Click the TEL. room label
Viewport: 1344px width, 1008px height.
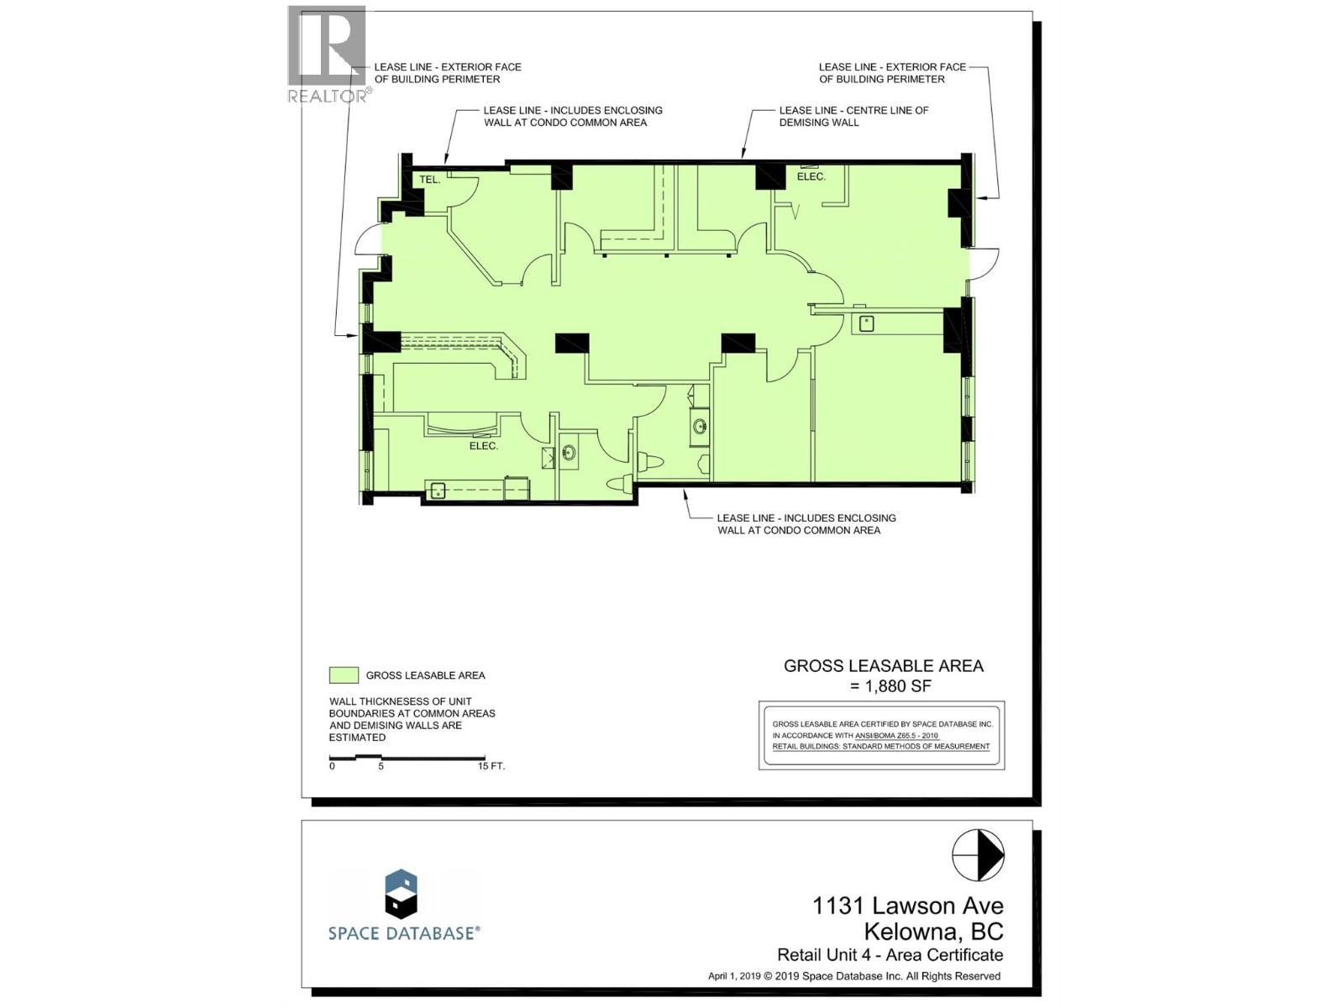click(x=430, y=180)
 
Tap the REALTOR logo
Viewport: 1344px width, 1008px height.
click(x=328, y=55)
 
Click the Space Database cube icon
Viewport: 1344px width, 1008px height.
click(x=401, y=893)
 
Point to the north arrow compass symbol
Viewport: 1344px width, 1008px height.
click(x=978, y=853)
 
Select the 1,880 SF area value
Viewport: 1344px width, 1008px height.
click(x=891, y=686)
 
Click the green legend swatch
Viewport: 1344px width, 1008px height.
click(x=344, y=675)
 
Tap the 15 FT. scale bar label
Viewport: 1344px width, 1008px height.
click(x=491, y=766)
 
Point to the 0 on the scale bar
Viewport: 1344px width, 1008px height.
click(x=332, y=766)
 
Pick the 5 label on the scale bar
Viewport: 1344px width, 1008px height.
click(x=381, y=766)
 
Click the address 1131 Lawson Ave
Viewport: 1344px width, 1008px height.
click(x=907, y=906)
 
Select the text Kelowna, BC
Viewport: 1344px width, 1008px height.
click(x=933, y=932)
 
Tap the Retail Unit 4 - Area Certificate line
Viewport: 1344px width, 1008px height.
click(x=890, y=955)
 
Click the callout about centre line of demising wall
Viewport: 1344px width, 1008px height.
click(x=853, y=116)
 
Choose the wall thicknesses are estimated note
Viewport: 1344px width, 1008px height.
click(x=412, y=719)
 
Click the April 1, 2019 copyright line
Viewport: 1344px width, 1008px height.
click(x=854, y=976)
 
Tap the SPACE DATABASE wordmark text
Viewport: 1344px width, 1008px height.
click(x=404, y=932)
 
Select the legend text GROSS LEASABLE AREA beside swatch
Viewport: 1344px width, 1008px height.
click(x=425, y=675)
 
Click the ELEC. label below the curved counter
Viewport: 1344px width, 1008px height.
click(x=484, y=446)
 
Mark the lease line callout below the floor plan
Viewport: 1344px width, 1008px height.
click(x=806, y=524)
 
